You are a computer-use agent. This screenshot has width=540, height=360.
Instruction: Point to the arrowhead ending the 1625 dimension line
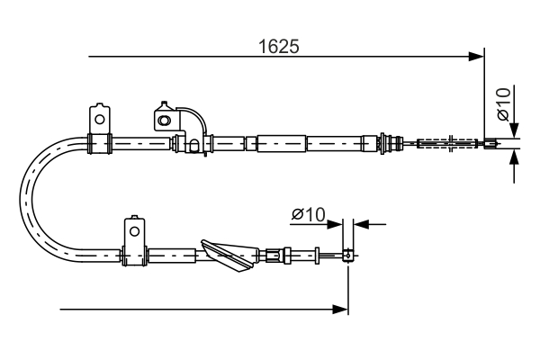coord(477,57)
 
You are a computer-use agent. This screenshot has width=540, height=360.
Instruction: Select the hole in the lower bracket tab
coord(134,230)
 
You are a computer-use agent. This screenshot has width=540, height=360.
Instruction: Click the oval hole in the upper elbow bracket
coord(164,119)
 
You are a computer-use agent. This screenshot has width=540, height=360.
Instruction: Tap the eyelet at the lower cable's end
coord(347,256)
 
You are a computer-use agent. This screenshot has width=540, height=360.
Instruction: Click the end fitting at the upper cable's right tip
coord(490,142)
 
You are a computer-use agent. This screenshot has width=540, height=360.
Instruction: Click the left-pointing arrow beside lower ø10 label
coord(360,223)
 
